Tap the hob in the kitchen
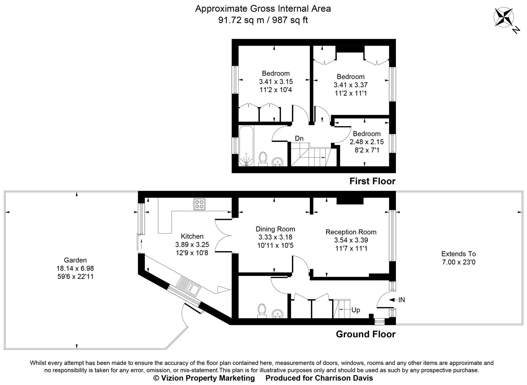pos(199,204)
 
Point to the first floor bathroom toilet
pos(263,158)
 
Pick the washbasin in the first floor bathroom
pos(277,162)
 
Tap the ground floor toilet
pos(262,310)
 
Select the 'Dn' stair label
pos(299,138)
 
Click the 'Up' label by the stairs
pos(355,310)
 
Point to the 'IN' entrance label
pos(401,300)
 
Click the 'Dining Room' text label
pos(275,229)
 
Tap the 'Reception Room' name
pos(351,232)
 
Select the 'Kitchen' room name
pos(192,236)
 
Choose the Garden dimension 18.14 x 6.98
pos(75,268)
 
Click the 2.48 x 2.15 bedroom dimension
pos(366,142)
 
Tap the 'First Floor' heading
pos(372,181)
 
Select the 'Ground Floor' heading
pos(366,334)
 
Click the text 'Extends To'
pos(458,254)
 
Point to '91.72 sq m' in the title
pos(241,20)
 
